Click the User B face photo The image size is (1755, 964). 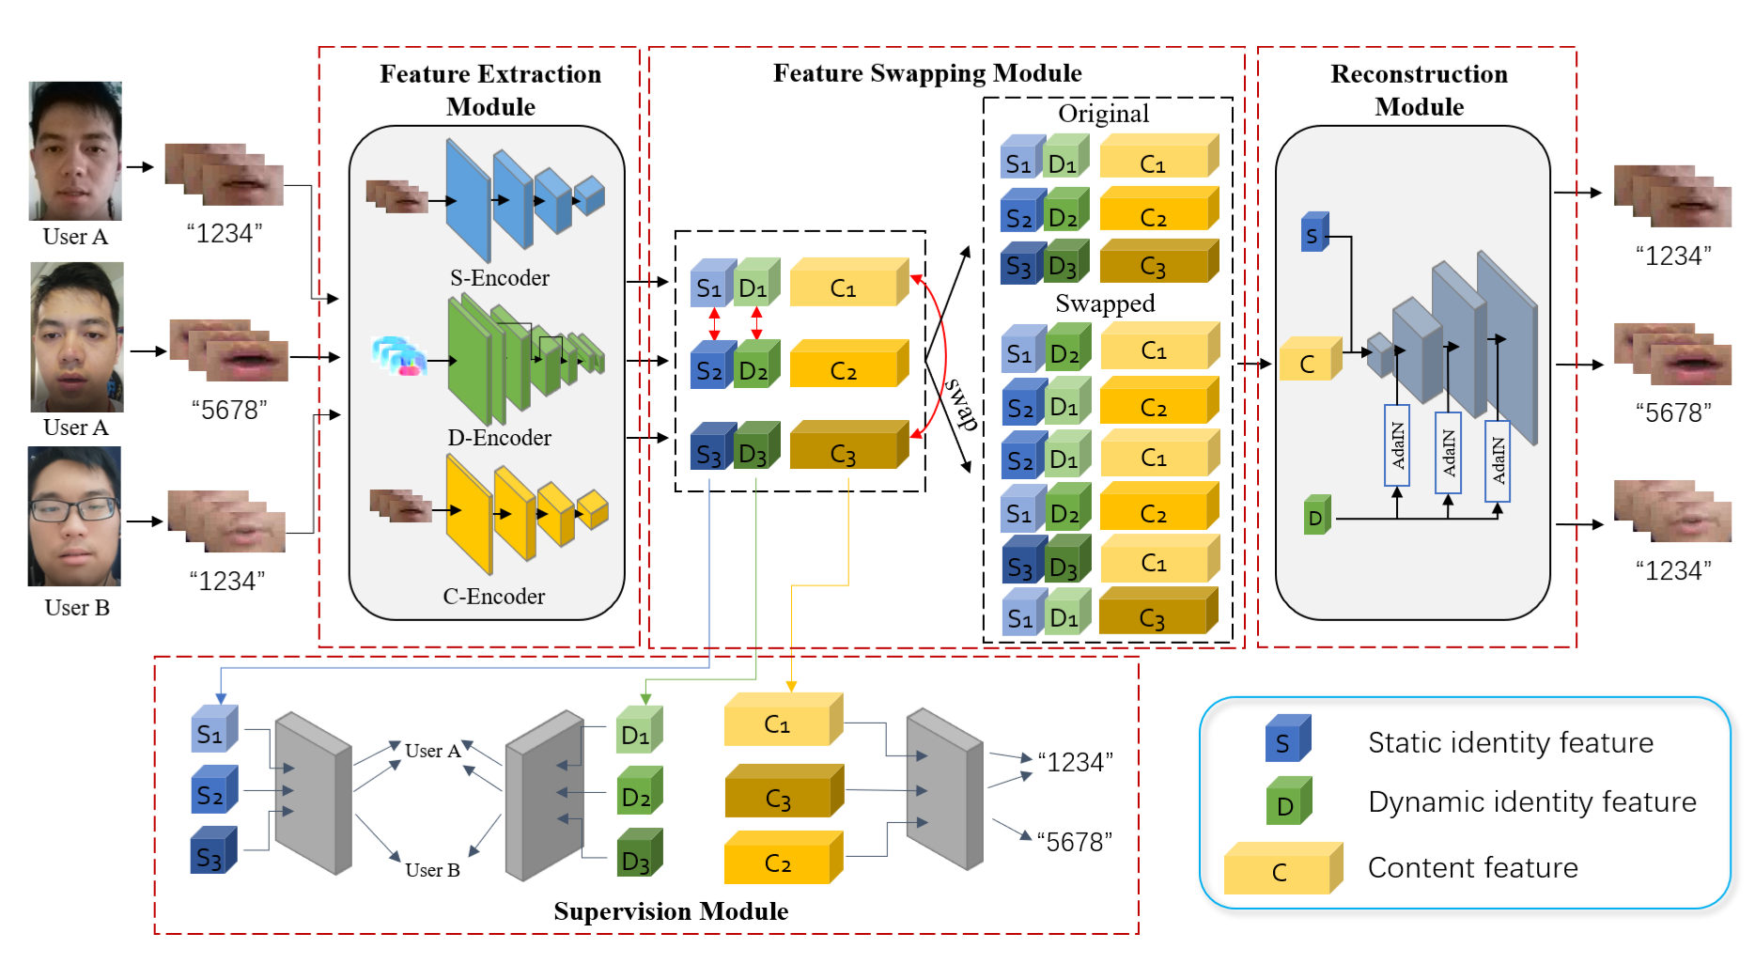[74, 516]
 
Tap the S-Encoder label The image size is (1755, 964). [499, 278]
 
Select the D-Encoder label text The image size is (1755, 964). [499, 438]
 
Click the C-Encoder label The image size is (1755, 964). [493, 597]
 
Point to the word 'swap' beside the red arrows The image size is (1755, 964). [960, 403]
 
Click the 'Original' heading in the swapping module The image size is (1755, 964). [1103, 114]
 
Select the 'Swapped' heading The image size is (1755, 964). [1104, 303]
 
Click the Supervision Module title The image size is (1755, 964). [670, 911]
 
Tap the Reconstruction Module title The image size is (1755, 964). [1419, 90]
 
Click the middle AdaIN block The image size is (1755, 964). [1448, 452]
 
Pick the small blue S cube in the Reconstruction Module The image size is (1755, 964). [1314, 232]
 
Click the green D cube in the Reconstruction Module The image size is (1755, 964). [1317, 516]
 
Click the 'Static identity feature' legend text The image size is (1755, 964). [1510, 743]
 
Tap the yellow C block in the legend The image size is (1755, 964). [1281, 869]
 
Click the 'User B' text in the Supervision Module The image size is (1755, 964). [432, 870]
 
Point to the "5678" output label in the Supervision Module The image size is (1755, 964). [1074, 842]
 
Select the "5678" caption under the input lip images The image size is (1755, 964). [229, 411]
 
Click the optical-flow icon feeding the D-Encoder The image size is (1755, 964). [398, 356]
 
